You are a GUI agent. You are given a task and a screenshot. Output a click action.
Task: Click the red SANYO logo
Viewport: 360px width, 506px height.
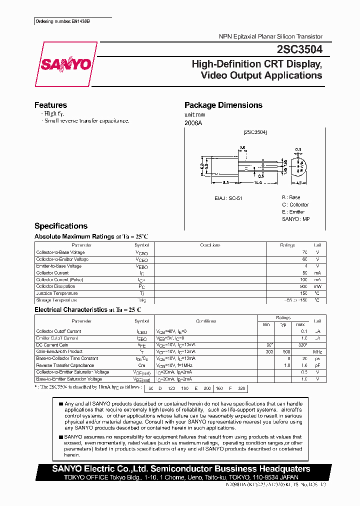tap(65, 64)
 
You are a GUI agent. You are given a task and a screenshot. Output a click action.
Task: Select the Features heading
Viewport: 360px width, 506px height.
tap(50, 105)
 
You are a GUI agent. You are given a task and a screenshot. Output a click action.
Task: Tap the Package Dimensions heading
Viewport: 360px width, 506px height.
tap(223, 105)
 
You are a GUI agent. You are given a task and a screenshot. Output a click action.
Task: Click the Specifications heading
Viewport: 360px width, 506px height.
tap(60, 226)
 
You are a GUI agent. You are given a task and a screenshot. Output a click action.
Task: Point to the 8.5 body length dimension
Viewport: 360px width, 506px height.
tap(225, 183)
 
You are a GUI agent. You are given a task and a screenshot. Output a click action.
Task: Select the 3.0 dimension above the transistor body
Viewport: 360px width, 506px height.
tap(242, 147)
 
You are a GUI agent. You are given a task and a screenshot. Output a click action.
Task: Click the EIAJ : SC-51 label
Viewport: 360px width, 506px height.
tap(228, 198)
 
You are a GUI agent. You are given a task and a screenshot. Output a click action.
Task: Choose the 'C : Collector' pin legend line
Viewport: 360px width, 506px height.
tap(295, 205)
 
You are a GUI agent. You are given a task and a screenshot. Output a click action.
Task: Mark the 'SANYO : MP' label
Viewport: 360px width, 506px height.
tap(295, 219)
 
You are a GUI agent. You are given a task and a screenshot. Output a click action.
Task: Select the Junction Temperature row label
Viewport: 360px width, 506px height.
tap(56, 293)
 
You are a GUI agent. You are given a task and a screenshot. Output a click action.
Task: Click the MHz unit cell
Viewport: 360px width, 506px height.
tap(317, 351)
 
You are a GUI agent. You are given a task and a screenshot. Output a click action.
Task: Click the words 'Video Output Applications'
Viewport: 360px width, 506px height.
tap(261, 75)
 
